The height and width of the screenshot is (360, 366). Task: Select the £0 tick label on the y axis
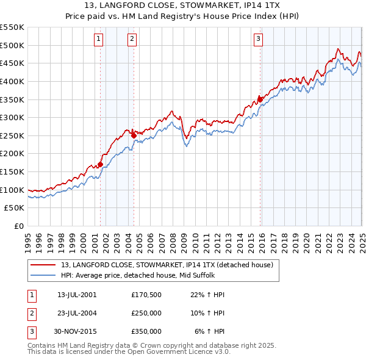coord(19,226)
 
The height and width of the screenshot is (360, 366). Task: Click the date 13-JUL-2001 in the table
coord(76,295)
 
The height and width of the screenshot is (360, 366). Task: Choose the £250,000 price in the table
coord(146,313)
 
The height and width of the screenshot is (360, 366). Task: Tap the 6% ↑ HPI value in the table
coord(210,331)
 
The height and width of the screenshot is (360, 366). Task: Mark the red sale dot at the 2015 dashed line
coord(260,98)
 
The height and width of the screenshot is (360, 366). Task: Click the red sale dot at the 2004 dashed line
coord(134,135)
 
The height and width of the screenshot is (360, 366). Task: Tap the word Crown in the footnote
coord(151,345)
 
